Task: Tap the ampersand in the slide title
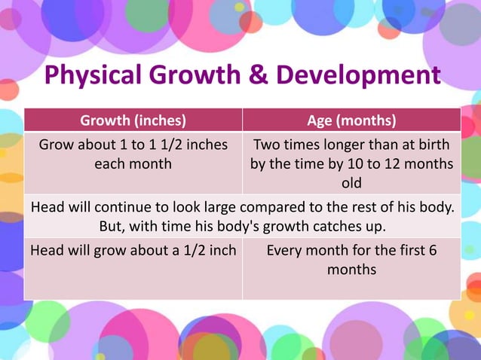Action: pos(256,75)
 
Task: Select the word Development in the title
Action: pos(356,75)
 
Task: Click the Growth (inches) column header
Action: pos(133,121)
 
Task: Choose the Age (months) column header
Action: pos(351,121)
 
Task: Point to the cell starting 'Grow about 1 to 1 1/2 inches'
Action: pos(133,154)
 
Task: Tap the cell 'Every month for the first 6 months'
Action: pos(351,259)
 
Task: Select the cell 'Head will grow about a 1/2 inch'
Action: pos(133,250)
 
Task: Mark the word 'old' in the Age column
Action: pos(351,183)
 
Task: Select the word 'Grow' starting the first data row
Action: pos(55,145)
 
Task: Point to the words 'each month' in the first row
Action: pos(133,163)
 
